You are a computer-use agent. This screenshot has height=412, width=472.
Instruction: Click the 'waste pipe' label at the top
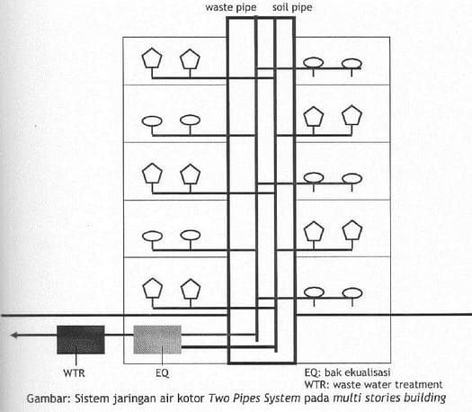(x=231, y=7)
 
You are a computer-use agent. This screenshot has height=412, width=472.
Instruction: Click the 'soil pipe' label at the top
(x=292, y=7)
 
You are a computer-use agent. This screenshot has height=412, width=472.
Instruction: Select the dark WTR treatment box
(x=81, y=339)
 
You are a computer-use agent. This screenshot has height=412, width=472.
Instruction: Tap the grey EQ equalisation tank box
(x=157, y=339)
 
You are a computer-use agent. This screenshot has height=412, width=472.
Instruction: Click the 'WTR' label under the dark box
(x=74, y=373)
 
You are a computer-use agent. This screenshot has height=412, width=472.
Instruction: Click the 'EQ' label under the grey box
(x=162, y=373)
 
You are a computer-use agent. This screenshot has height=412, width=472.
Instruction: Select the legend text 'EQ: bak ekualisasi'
(x=347, y=372)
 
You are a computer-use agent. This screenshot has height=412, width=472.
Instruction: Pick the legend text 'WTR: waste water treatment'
(x=373, y=385)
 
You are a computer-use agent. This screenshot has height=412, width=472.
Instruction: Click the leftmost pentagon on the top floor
(x=152, y=58)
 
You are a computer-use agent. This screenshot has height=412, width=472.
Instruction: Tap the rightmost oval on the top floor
(x=352, y=64)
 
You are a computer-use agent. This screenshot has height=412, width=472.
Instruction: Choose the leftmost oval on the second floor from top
(x=152, y=121)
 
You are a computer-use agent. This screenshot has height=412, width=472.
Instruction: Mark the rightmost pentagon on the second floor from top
(x=352, y=115)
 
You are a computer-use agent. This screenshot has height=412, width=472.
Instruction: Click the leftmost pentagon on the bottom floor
(x=153, y=288)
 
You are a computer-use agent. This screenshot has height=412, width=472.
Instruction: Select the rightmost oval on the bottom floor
(x=352, y=293)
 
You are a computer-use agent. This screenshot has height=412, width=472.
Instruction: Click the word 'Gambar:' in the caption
(x=49, y=399)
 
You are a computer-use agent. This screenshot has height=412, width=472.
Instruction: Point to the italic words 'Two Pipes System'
(x=254, y=399)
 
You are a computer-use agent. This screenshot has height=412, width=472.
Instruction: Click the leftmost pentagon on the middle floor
(x=152, y=174)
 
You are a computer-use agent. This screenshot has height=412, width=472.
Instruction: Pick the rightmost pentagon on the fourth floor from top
(x=352, y=230)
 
